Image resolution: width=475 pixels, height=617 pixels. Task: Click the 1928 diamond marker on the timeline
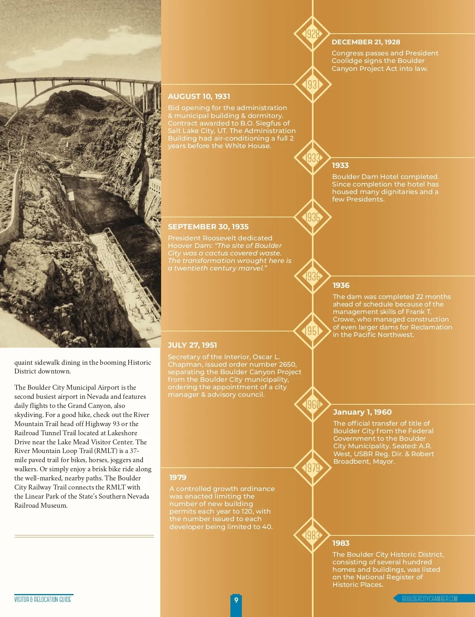[x=313, y=34]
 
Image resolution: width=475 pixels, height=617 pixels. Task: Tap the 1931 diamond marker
[x=313, y=84]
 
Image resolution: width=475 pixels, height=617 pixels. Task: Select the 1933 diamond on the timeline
[x=313, y=158]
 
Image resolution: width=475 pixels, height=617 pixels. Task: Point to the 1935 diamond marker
[x=313, y=217]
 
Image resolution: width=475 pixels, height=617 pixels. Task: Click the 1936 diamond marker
[x=313, y=276]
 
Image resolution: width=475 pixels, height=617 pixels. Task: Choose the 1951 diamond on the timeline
[x=313, y=331]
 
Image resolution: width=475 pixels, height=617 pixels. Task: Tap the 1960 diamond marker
[x=313, y=404]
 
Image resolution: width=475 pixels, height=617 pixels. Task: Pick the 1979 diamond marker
[x=313, y=468]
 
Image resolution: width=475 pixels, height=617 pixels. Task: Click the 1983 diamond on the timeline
[x=313, y=535]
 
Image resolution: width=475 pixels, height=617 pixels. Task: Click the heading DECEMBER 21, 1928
[x=366, y=42]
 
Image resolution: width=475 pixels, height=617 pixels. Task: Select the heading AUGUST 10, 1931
[x=199, y=96]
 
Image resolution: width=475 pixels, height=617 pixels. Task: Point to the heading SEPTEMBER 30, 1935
[x=208, y=227]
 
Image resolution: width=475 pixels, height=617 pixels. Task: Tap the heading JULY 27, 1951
[x=192, y=345]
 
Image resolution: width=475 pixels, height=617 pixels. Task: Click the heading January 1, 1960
[x=362, y=412]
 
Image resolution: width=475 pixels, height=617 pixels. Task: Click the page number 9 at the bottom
[x=236, y=600]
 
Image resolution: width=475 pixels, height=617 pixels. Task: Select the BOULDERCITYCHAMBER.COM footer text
[x=429, y=598]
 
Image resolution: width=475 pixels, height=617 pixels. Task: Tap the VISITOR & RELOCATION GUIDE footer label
[x=43, y=599]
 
